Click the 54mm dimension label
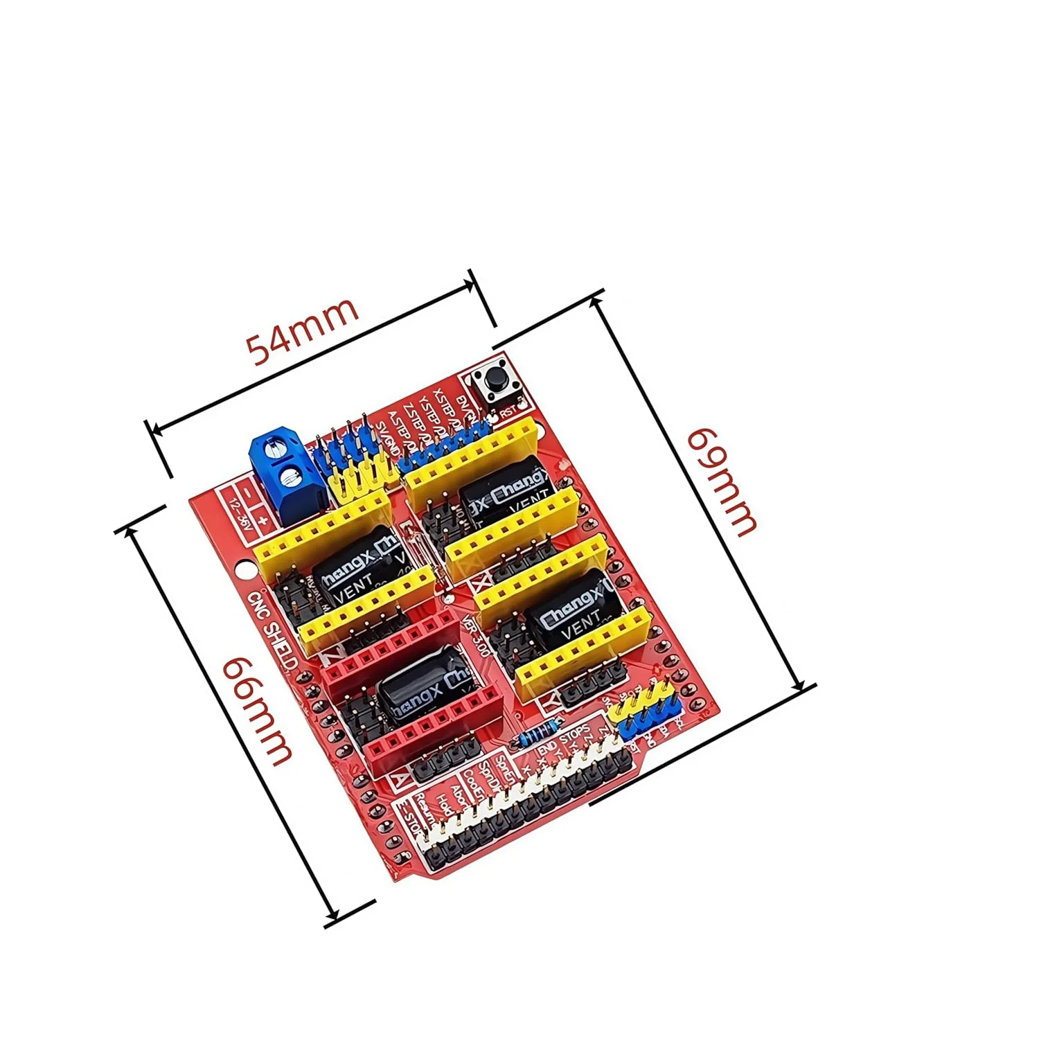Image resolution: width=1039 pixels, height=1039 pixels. coord(303,330)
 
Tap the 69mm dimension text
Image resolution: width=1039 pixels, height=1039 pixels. coord(720,483)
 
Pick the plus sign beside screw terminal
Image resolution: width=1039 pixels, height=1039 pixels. coord(263,519)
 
